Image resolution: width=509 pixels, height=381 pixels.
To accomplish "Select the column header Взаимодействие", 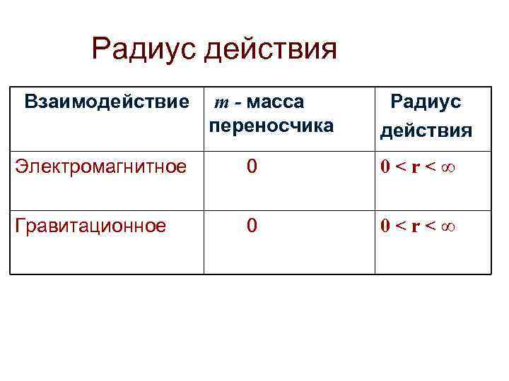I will (x=107, y=102).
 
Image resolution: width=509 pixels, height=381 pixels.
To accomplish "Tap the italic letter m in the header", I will (x=221, y=103).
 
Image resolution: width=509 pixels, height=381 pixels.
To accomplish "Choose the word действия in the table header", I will (x=426, y=131).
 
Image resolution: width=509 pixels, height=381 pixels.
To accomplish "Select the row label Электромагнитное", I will (x=101, y=167).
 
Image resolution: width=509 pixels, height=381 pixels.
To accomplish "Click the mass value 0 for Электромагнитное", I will (x=252, y=167).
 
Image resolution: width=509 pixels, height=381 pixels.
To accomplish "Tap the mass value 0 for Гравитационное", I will (x=252, y=226).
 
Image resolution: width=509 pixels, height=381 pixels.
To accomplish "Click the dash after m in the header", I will (x=238, y=103).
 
